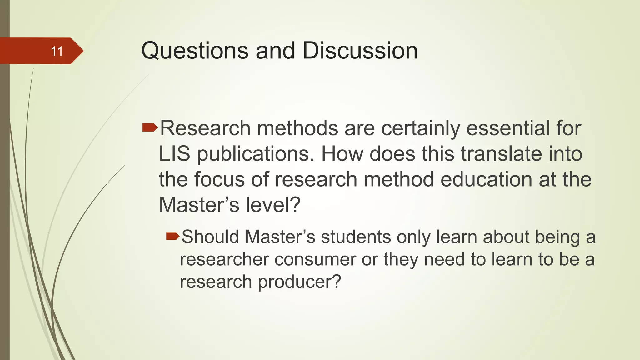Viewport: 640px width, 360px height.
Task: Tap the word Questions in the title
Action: point(195,51)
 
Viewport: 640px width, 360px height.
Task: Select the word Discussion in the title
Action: point(360,51)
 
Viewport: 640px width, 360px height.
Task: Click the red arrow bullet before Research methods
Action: point(150,127)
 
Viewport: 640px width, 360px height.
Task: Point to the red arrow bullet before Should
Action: point(172,236)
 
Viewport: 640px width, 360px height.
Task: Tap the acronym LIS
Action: point(174,154)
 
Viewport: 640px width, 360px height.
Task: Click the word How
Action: point(342,154)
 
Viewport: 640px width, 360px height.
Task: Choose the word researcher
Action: point(224,260)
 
